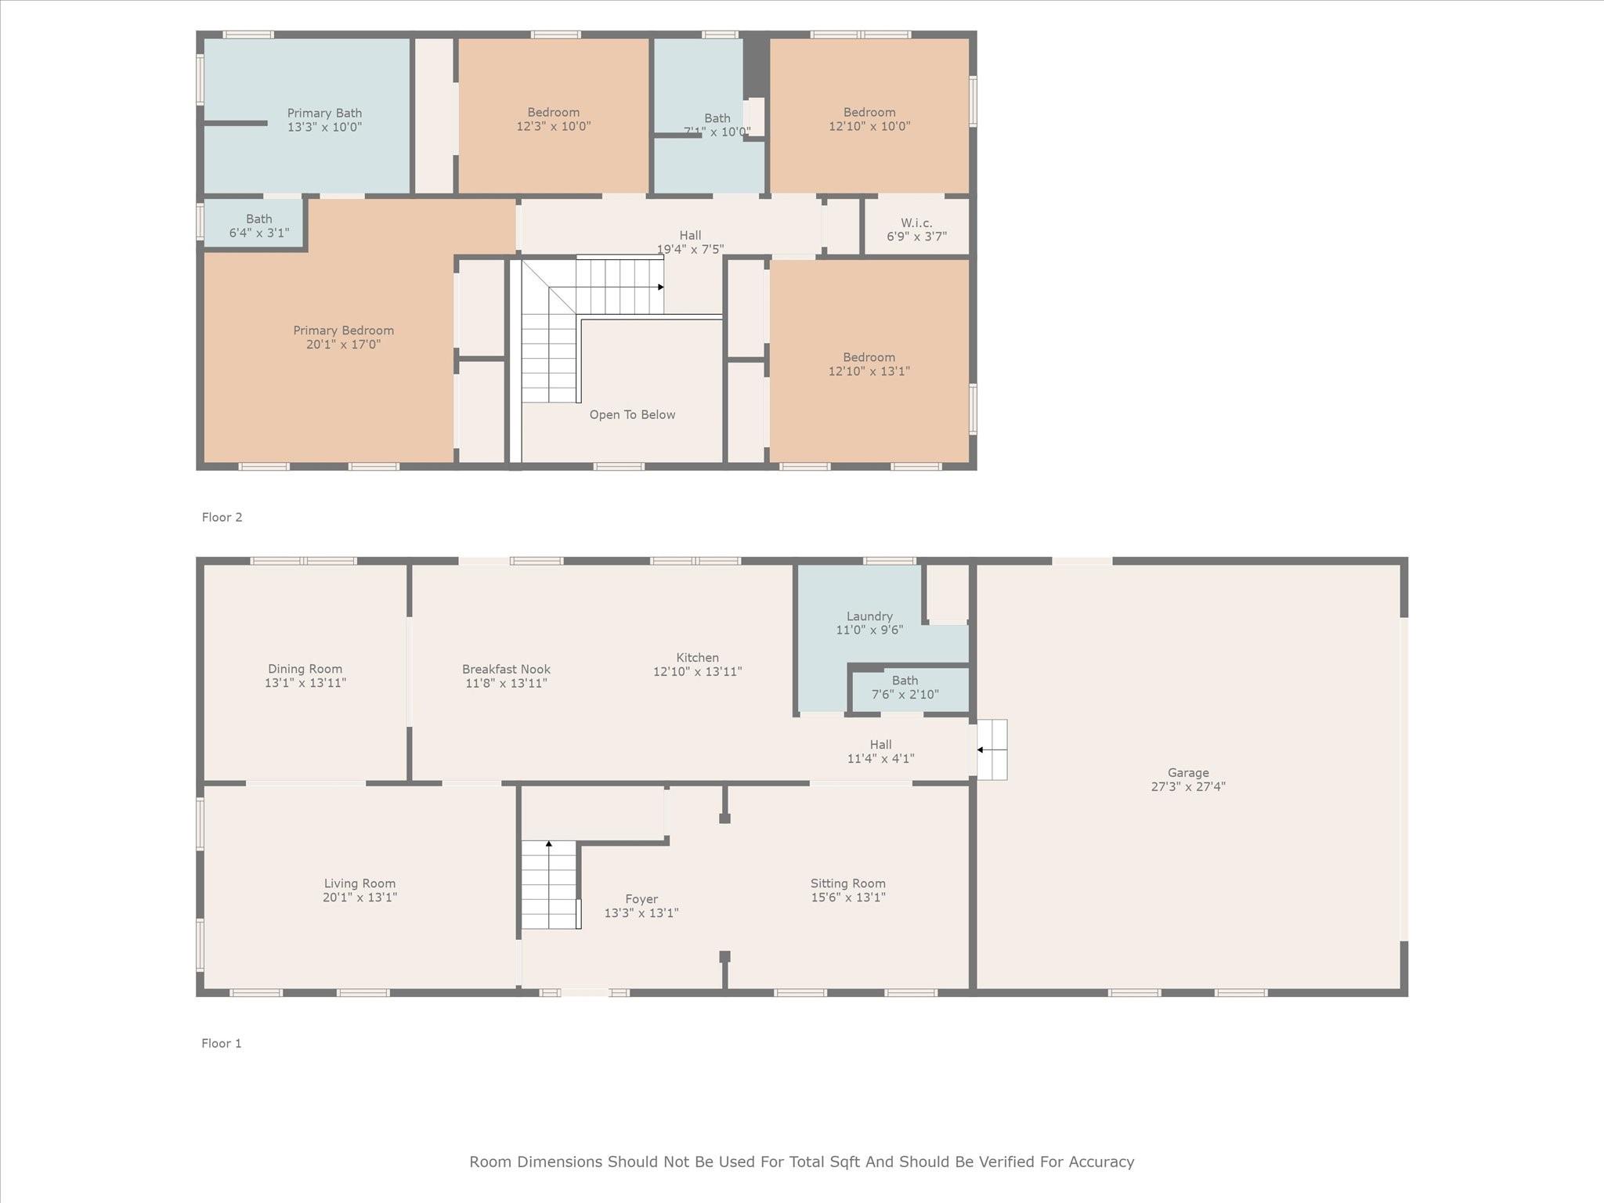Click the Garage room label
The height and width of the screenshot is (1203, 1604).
click(1187, 773)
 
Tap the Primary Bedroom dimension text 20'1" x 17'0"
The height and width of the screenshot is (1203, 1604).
click(343, 345)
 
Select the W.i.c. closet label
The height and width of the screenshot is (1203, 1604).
click(916, 223)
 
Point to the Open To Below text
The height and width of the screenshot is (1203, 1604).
click(632, 415)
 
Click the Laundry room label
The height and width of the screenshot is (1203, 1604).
click(869, 616)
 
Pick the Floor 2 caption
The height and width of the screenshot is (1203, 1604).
click(222, 517)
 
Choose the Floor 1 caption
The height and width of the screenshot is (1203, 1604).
click(222, 1043)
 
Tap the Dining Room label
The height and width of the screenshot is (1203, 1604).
click(305, 669)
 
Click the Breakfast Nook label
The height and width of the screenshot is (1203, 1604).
click(506, 670)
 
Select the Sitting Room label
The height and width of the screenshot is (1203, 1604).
click(847, 883)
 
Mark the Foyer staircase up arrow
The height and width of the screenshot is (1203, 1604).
click(549, 845)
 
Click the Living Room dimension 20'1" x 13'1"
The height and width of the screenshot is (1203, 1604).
click(359, 898)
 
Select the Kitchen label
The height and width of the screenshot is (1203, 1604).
click(697, 658)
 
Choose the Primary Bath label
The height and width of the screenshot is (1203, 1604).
click(324, 114)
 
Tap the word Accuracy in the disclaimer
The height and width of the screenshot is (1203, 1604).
click(1101, 1162)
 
